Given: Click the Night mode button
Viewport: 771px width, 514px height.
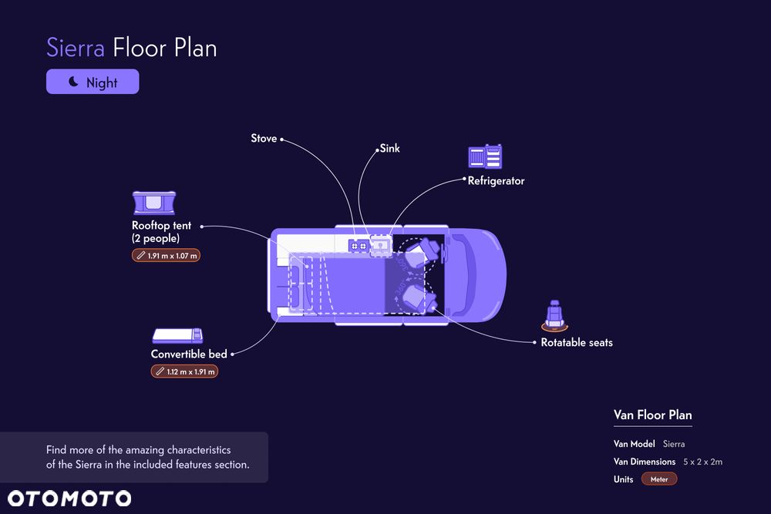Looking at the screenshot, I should pos(93,82).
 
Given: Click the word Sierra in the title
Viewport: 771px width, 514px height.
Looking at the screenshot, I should pos(76,48).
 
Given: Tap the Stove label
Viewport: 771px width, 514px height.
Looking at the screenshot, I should pos(264,139).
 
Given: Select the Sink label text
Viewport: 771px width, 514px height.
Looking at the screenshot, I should pos(390,148).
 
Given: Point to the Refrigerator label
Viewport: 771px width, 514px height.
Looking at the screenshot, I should pos(496,181).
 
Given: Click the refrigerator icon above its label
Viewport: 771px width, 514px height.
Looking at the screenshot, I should pos(486,157).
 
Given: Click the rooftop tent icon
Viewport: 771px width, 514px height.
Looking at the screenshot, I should pos(154,203).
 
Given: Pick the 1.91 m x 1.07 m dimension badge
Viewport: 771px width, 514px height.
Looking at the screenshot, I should pos(166,255).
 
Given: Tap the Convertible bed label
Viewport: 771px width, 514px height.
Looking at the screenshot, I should pos(189,354).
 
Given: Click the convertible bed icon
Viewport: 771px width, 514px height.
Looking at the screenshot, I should pos(177,335).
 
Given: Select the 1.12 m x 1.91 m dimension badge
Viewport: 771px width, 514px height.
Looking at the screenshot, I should pos(185,371).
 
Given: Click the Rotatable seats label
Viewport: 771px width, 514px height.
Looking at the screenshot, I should pos(577,342).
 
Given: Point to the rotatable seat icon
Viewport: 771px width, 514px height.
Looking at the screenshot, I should pos(553,315).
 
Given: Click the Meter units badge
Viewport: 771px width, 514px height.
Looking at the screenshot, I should pos(659,479).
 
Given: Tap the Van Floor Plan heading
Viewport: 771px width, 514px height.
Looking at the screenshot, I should pos(652,415).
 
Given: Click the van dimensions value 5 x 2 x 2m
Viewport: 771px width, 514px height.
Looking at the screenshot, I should pos(702,462).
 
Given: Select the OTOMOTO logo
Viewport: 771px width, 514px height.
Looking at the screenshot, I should pos(69,498).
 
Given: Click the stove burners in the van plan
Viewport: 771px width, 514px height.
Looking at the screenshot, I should pos(359,245).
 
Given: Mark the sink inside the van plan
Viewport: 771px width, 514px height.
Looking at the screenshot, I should pos(379,244).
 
